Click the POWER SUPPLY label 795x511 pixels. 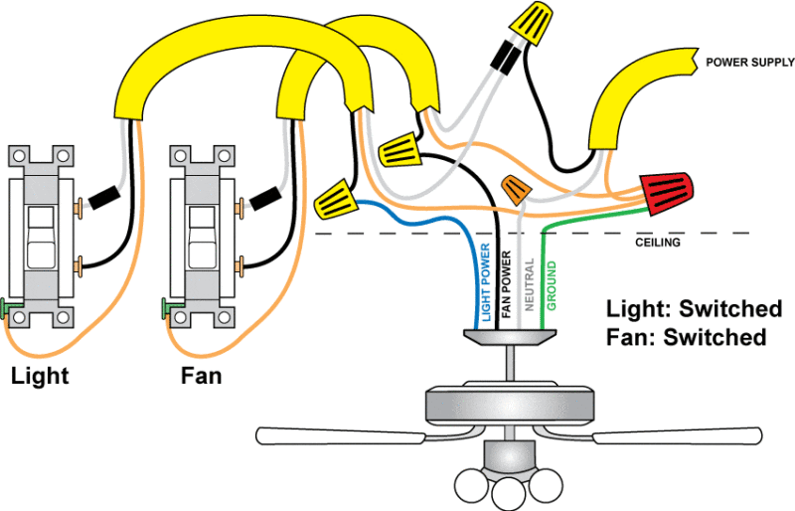pos(749,62)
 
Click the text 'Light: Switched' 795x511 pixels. pos(695,308)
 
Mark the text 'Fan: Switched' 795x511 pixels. pos(686,337)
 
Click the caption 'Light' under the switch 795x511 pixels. pos(40,377)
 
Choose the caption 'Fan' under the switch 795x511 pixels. pos(201,377)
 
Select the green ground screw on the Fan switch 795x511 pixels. pos(167,306)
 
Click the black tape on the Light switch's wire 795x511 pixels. pos(103,199)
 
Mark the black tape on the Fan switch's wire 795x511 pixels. pos(264,198)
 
